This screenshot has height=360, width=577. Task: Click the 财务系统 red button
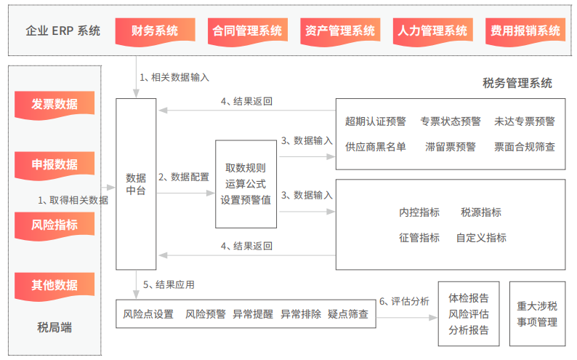[x=155, y=31]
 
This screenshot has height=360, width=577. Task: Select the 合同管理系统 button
[x=247, y=31]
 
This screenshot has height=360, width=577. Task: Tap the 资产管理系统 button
[x=339, y=31]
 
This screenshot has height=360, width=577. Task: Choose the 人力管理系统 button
[x=432, y=31]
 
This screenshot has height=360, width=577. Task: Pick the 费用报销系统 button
[x=525, y=31]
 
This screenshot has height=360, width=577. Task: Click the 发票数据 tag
[x=55, y=104]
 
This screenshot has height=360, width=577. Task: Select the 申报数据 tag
[x=55, y=164]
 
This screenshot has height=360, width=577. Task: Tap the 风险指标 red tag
[x=55, y=225]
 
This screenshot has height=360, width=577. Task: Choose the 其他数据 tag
[x=55, y=285]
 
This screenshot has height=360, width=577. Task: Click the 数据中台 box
[x=136, y=184]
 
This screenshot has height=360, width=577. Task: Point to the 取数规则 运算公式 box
[x=246, y=185]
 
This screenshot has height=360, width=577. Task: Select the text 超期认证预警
[x=376, y=121]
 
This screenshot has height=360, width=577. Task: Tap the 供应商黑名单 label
[x=376, y=146]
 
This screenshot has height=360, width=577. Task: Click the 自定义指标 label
[x=481, y=237]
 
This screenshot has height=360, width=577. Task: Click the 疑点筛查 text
[x=348, y=314]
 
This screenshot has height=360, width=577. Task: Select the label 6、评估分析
[x=404, y=300]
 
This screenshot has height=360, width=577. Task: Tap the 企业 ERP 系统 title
[x=62, y=31]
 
